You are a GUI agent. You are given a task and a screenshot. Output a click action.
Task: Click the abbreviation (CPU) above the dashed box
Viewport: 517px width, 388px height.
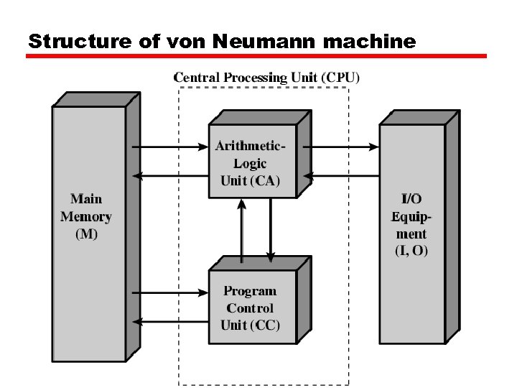[340, 77]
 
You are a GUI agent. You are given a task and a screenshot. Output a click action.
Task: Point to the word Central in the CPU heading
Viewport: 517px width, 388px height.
[197, 77]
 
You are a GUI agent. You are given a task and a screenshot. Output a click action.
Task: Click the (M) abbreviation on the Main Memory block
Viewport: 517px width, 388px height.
[86, 234]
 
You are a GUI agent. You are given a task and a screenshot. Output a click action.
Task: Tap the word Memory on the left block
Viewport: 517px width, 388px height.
[86, 216]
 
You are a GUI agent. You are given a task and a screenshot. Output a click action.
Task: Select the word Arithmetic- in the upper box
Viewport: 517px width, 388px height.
[250, 146]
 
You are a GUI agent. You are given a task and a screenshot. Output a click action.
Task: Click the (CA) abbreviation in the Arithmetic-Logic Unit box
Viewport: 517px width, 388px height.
[265, 180]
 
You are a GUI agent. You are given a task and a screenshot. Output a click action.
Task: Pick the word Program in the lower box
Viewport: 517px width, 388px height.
[249, 291]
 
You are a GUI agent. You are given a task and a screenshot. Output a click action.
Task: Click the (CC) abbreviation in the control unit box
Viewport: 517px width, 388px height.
[265, 325]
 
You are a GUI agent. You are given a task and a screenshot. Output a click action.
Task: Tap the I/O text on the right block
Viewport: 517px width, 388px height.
[411, 199]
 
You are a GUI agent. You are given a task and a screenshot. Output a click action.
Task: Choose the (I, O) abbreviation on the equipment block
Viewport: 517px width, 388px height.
[411, 251]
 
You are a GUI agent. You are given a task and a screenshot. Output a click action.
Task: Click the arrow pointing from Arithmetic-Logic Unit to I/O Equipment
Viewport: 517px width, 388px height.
[345, 147]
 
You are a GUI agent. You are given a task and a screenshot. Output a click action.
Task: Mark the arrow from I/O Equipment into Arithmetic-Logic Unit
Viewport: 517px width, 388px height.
[345, 175]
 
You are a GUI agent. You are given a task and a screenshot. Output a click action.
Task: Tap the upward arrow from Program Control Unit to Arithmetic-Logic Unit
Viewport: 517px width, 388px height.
[242, 231]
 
